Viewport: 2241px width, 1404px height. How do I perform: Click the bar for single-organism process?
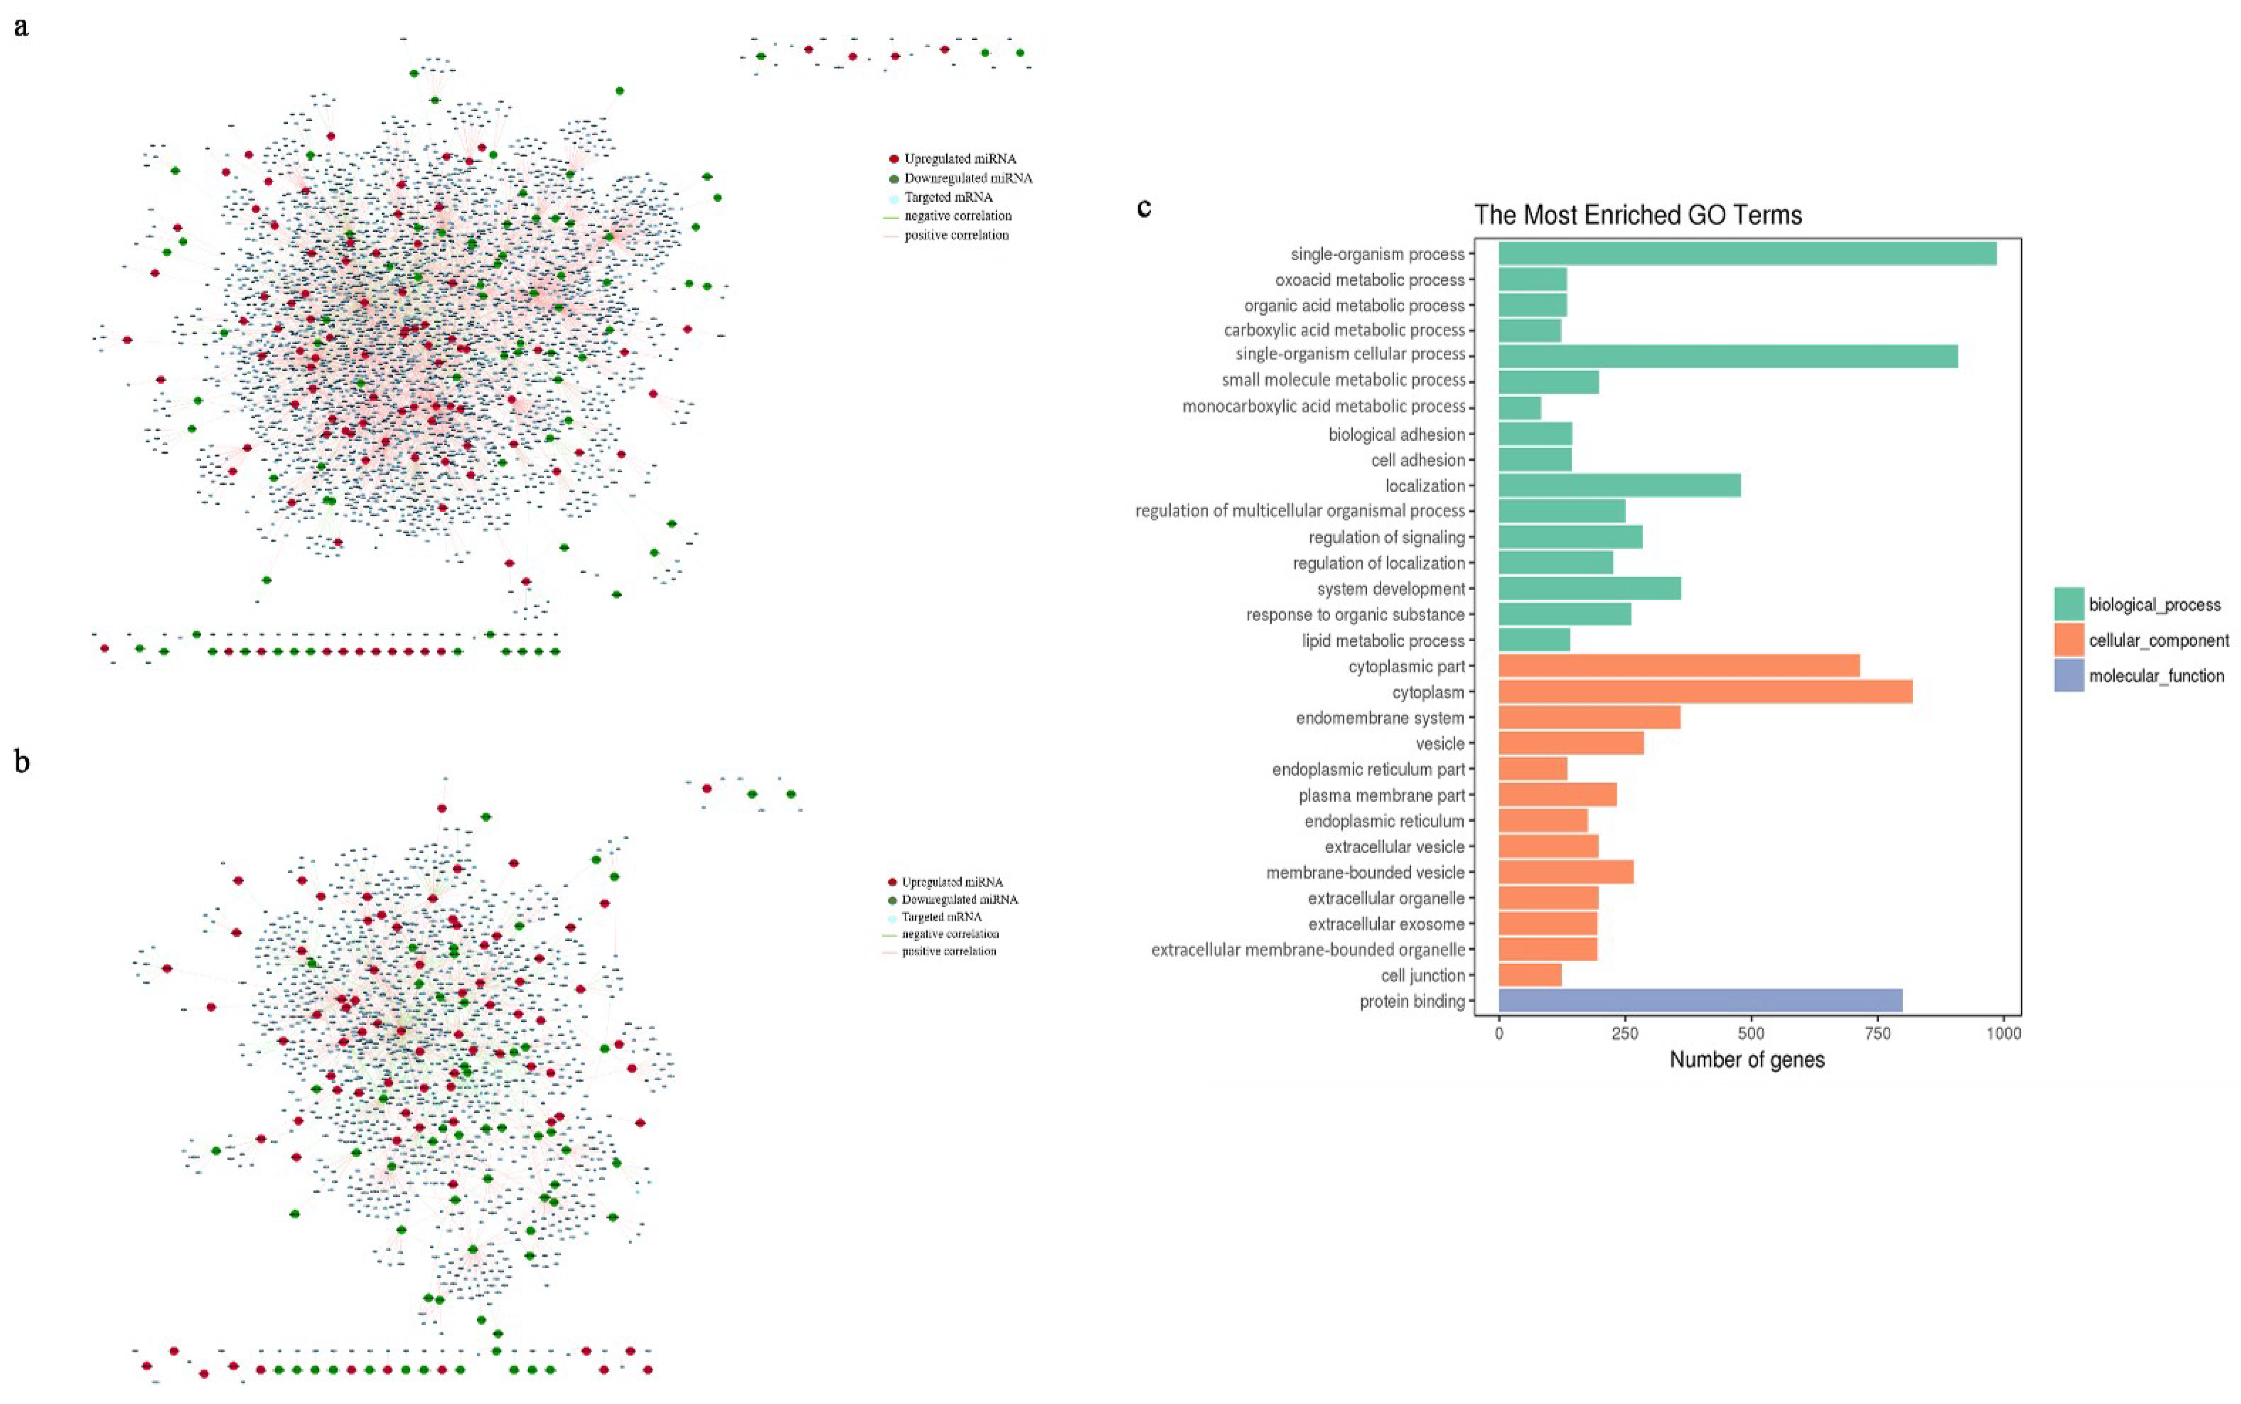coord(1746,254)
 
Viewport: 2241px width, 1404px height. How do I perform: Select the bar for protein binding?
coord(1699,1000)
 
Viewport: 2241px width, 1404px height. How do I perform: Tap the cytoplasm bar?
coord(1704,692)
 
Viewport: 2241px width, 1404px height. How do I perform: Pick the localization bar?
coord(1619,486)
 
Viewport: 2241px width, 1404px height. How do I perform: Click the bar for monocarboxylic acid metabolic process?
coord(1519,407)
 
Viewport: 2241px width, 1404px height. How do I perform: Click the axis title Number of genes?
coord(1746,1059)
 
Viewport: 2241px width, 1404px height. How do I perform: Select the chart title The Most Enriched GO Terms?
coord(1637,215)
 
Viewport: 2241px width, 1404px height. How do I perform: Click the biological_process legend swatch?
coord(2068,604)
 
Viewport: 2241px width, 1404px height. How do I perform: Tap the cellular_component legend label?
coord(2157,640)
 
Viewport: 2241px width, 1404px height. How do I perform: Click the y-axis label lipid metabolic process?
coord(1383,641)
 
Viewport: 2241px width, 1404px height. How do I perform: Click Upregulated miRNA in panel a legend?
coord(959,159)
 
